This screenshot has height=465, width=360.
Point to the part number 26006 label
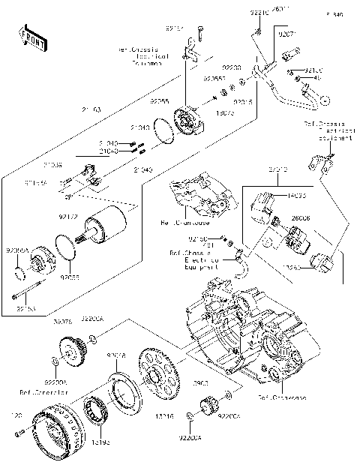[301, 217]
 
